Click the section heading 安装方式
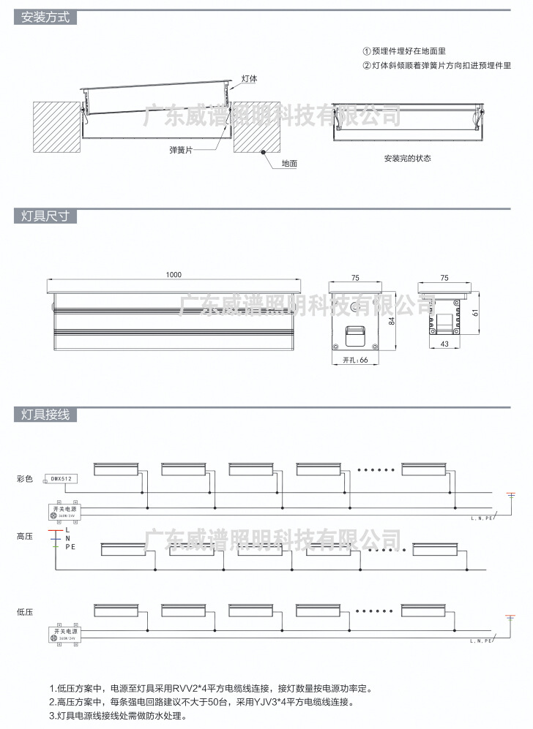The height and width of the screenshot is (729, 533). pyautogui.click(x=45, y=18)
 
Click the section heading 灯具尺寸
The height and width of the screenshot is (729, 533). pyautogui.click(x=45, y=216)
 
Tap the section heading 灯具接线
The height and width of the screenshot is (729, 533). pyautogui.click(x=45, y=415)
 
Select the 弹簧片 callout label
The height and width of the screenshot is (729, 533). pyautogui.click(x=180, y=150)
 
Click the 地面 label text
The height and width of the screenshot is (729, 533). pyautogui.click(x=289, y=164)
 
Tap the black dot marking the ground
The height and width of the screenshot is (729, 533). pyautogui.click(x=262, y=153)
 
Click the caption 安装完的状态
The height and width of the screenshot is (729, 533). pyautogui.click(x=407, y=158)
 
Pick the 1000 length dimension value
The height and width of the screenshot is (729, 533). pyautogui.click(x=174, y=275)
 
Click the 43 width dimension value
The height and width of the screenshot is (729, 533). pyautogui.click(x=444, y=344)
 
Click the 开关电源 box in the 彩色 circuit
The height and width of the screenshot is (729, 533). pyautogui.click(x=64, y=510)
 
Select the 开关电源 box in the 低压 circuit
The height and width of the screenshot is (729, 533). pyautogui.click(x=64, y=633)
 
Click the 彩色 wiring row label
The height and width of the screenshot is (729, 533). pyautogui.click(x=25, y=479)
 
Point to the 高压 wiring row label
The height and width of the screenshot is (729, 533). pyautogui.click(x=25, y=537)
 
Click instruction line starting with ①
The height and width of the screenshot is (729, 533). pyautogui.click(x=414, y=52)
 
